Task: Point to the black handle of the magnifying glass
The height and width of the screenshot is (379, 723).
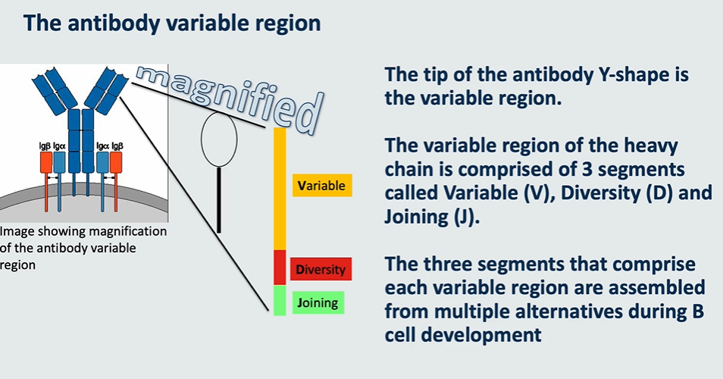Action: (219, 200)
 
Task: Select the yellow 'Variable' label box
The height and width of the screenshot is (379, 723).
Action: (322, 185)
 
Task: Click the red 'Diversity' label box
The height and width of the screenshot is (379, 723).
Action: (321, 269)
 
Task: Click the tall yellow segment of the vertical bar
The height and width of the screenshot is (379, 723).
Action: (279, 189)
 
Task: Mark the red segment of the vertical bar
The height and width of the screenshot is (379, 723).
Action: (279, 268)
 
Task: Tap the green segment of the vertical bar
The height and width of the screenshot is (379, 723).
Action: (279, 300)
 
